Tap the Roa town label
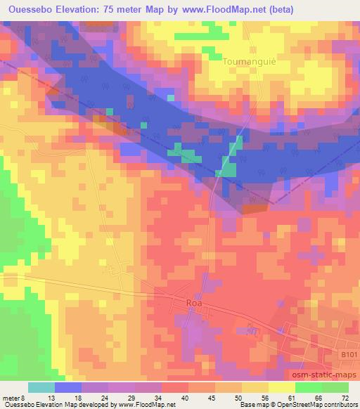click(x=195, y=303)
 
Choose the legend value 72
click(x=345, y=397)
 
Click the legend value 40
click(x=185, y=397)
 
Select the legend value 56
click(x=264, y=397)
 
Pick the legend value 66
click(x=318, y=397)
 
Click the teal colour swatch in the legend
click(x=41, y=387)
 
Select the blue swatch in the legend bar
click(x=68, y=387)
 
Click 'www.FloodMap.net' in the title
click(x=220, y=9)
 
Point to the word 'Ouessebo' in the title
click(x=33, y=9)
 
